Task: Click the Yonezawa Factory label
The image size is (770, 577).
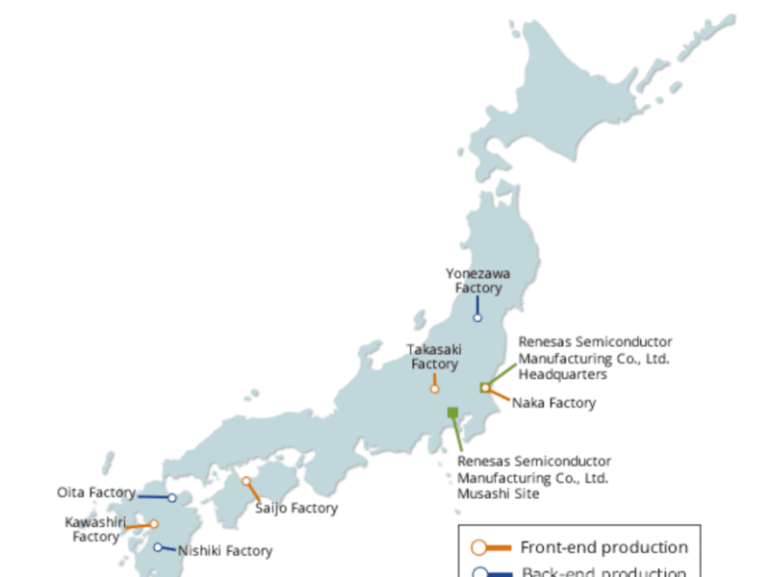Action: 477,281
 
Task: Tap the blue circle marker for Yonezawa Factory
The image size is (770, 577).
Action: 477,317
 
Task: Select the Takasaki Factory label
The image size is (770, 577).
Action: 434,357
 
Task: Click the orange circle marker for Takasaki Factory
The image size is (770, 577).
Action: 435,389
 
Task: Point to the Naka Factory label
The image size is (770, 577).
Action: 553,403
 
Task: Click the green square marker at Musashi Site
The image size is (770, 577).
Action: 452,413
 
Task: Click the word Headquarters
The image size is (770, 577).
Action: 563,374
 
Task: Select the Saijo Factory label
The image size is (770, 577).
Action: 296,508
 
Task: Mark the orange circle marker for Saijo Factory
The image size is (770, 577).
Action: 246,482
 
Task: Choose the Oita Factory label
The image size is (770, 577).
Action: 96,492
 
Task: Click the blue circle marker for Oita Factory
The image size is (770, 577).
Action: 172,498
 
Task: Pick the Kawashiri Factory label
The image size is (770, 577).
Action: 95,529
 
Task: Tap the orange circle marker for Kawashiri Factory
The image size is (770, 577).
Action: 153,524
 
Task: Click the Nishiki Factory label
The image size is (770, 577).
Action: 224,551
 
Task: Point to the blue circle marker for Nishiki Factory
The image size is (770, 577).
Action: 159,547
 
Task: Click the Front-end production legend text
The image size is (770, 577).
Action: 603,548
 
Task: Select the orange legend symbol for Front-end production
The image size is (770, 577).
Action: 490,548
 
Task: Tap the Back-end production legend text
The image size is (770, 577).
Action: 603,572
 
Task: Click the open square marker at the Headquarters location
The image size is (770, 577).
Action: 485,388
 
